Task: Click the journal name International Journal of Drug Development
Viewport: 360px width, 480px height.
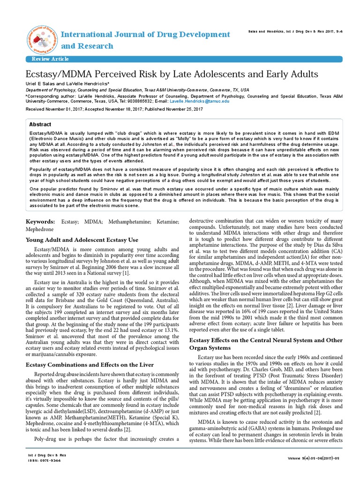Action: click(x=146, y=35)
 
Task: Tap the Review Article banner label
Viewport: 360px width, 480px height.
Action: click(x=50, y=59)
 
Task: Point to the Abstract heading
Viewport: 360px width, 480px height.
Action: click(x=40, y=125)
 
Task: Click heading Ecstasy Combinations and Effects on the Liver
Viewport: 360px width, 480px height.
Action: click(x=90, y=364)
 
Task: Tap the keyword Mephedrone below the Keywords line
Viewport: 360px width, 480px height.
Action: click(x=40, y=230)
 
